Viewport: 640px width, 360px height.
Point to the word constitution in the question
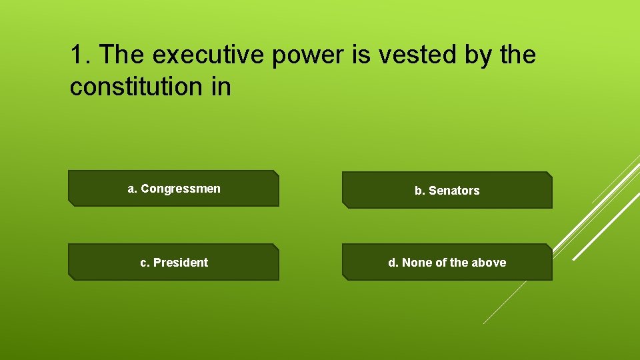136,87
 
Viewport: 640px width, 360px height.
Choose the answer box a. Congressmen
173,189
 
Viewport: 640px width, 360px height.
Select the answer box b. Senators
447,191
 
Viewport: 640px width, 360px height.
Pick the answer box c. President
173,262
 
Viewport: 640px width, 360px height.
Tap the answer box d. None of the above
447,263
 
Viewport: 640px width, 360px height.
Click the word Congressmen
181,189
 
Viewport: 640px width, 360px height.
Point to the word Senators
454,191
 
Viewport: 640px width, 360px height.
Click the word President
181,263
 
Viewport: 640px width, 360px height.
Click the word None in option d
417,263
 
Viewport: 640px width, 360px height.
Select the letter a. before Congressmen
133,189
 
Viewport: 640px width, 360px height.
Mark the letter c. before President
145,263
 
